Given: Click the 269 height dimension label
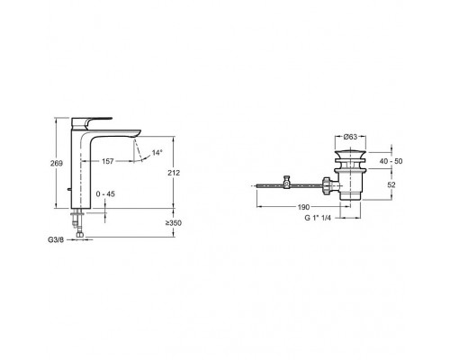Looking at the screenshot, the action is tap(57, 164).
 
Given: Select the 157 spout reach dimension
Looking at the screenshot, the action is tap(108, 161).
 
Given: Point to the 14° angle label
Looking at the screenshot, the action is tap(157, 152).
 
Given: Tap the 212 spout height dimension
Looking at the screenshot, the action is tap(174, 173).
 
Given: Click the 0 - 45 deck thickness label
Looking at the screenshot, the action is tap(105, 194).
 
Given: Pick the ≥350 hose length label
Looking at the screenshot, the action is tap(174, 223).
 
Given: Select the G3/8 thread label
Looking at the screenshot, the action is tap(56, 240).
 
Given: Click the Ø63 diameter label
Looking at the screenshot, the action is tap(350, 137).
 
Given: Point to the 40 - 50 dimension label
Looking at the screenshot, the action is tap(391, 161).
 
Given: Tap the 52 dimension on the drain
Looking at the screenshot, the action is tap(391, 184).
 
